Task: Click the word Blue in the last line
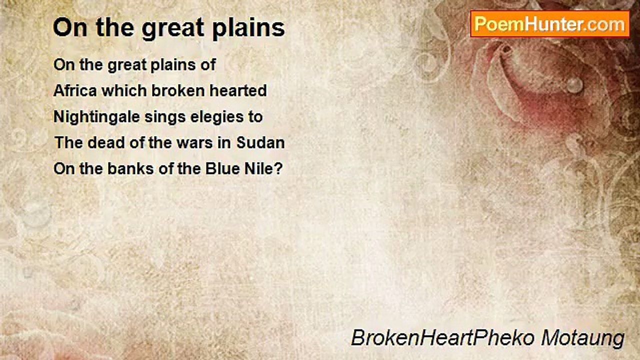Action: (218, 168)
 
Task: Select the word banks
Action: (125, 168)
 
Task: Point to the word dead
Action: (106, 142)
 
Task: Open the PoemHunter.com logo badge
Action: (549, 24)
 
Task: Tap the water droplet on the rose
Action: (574, 84)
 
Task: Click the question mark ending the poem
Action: (278, 168)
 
